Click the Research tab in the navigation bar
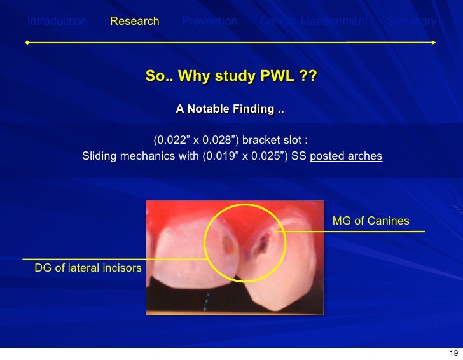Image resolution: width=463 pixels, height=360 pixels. [134, 21]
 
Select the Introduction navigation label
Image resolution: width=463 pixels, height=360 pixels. [57, 21]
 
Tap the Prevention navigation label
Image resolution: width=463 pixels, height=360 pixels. [209, 21]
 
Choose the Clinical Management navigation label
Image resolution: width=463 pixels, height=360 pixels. [314, 21]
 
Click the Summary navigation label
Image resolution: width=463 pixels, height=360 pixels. [411, 21]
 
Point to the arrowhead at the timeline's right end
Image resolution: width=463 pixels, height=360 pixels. [433, 43]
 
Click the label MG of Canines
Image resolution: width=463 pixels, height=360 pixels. [371, 221]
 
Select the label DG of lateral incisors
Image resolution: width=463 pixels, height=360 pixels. [88, 268]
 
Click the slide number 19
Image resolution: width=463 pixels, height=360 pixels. [453, 354]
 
